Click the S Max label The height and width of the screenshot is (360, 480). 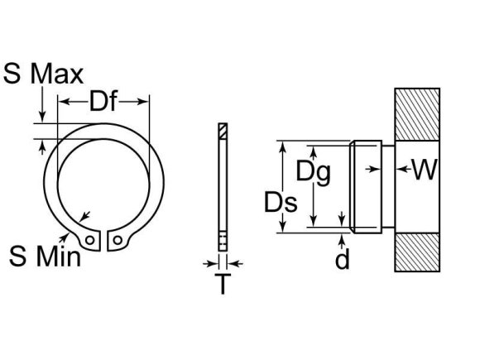[x=44, y=74]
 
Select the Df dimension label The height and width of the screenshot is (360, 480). [x=103, y=103]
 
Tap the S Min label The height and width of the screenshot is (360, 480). [x=45, y=256]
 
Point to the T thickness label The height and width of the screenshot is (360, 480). [x=223, y=285]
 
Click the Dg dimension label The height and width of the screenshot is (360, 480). [x=313, y=172]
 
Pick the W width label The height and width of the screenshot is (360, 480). [x=424, y=170]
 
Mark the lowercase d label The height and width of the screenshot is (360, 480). [x=342, y=259]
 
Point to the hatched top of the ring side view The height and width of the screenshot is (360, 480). [x=222, y=131]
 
